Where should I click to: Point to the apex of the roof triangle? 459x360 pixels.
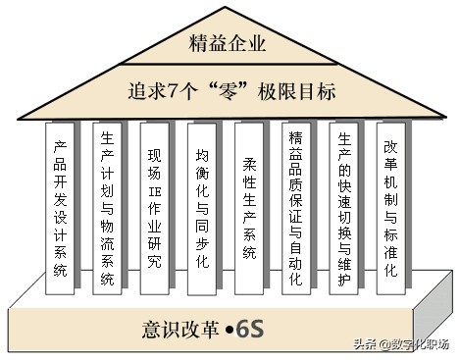point(228,8)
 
